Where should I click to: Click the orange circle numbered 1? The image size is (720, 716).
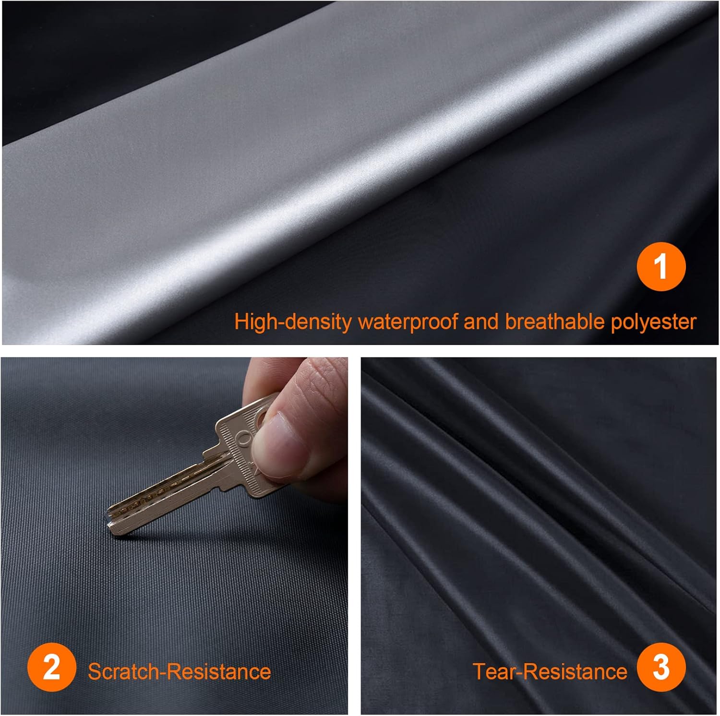[661, 267]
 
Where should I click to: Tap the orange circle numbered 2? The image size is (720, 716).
[51, 668]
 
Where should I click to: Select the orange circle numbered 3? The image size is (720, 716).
[661, 668]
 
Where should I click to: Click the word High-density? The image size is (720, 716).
[293, 322]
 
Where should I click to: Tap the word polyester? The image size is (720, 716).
[653, 322]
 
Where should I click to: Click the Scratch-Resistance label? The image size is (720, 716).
[179, 671]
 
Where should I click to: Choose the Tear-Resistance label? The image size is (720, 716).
[550, 671]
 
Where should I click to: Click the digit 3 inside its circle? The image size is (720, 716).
[661, 668]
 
